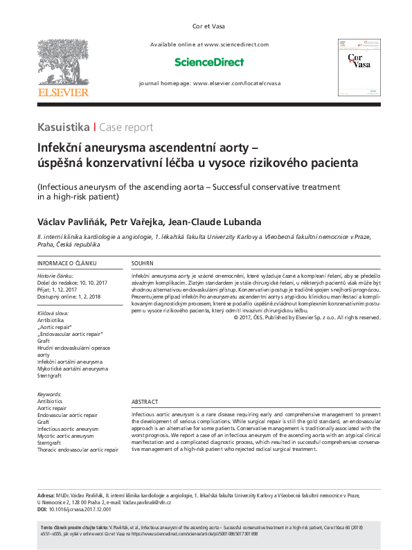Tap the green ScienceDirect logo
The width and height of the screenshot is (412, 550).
[x=209, y=62]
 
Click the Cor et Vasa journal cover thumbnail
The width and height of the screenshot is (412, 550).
[x=359, y=67]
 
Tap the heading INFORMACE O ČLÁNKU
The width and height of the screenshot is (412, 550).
[x=66, y=264]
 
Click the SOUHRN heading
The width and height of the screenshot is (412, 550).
[x=143, y=264]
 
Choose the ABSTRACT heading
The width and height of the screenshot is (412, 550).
[x=145, y=402]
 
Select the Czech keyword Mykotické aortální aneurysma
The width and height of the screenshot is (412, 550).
[x=73, y=369]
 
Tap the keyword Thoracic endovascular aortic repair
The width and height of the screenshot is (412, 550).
[x=78, y=450]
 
